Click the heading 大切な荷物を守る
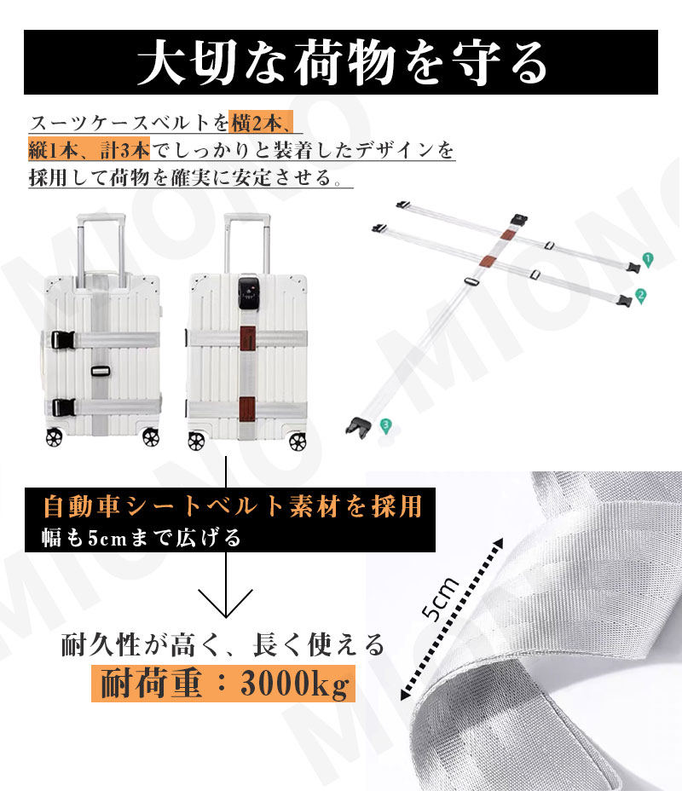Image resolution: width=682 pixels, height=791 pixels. tap(340, 62)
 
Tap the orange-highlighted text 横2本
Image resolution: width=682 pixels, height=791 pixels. tap(254, 122)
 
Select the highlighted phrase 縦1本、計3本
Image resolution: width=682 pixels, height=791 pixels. tap(89, 152)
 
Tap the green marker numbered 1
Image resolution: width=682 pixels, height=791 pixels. tap(647, 259)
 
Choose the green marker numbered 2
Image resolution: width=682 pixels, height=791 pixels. tap(641, 295)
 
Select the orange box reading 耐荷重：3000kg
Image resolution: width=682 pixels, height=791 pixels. tap(223, 683)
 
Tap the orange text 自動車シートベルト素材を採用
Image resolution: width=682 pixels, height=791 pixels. tap(233, 505)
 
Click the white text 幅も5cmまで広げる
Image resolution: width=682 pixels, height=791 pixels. tap(142, 538)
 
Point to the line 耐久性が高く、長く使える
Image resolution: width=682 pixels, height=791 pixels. tap(223, 644)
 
